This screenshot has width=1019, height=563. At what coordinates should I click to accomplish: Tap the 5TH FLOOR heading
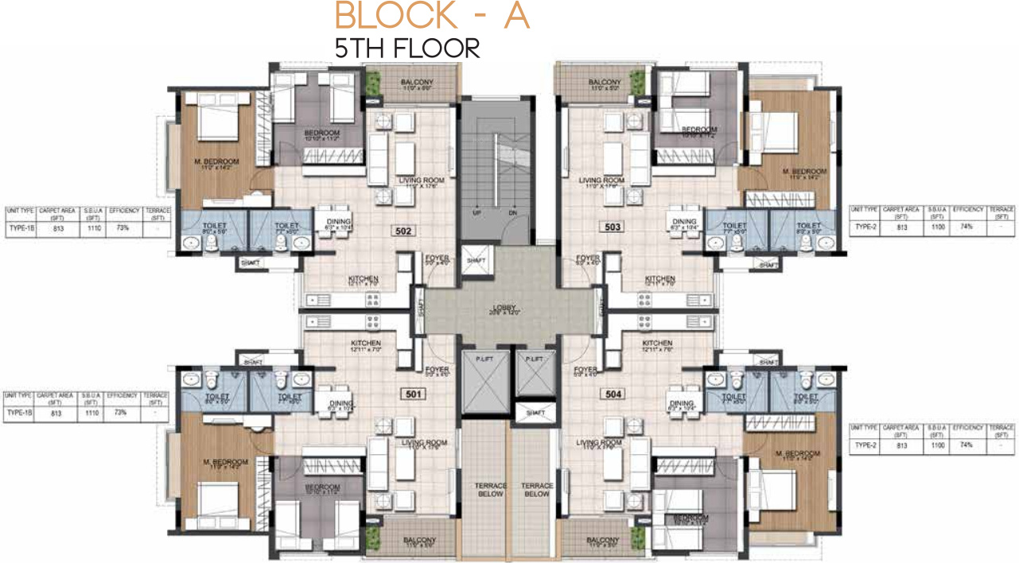tap(407, 49)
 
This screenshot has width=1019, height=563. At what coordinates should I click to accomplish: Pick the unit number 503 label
tap(612, 227)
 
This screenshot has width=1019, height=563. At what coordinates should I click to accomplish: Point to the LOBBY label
tap(506, 308)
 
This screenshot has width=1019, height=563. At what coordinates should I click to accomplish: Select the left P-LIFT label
tap(484, 359)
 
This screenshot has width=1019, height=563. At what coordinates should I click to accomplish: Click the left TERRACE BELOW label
tap(485, 489)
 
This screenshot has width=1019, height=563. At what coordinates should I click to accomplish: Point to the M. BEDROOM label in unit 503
tap(803, 171)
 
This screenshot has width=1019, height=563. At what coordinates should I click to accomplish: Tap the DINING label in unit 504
tap(682, 403)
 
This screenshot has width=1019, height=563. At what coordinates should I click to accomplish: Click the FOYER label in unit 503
tap(588, 258)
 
